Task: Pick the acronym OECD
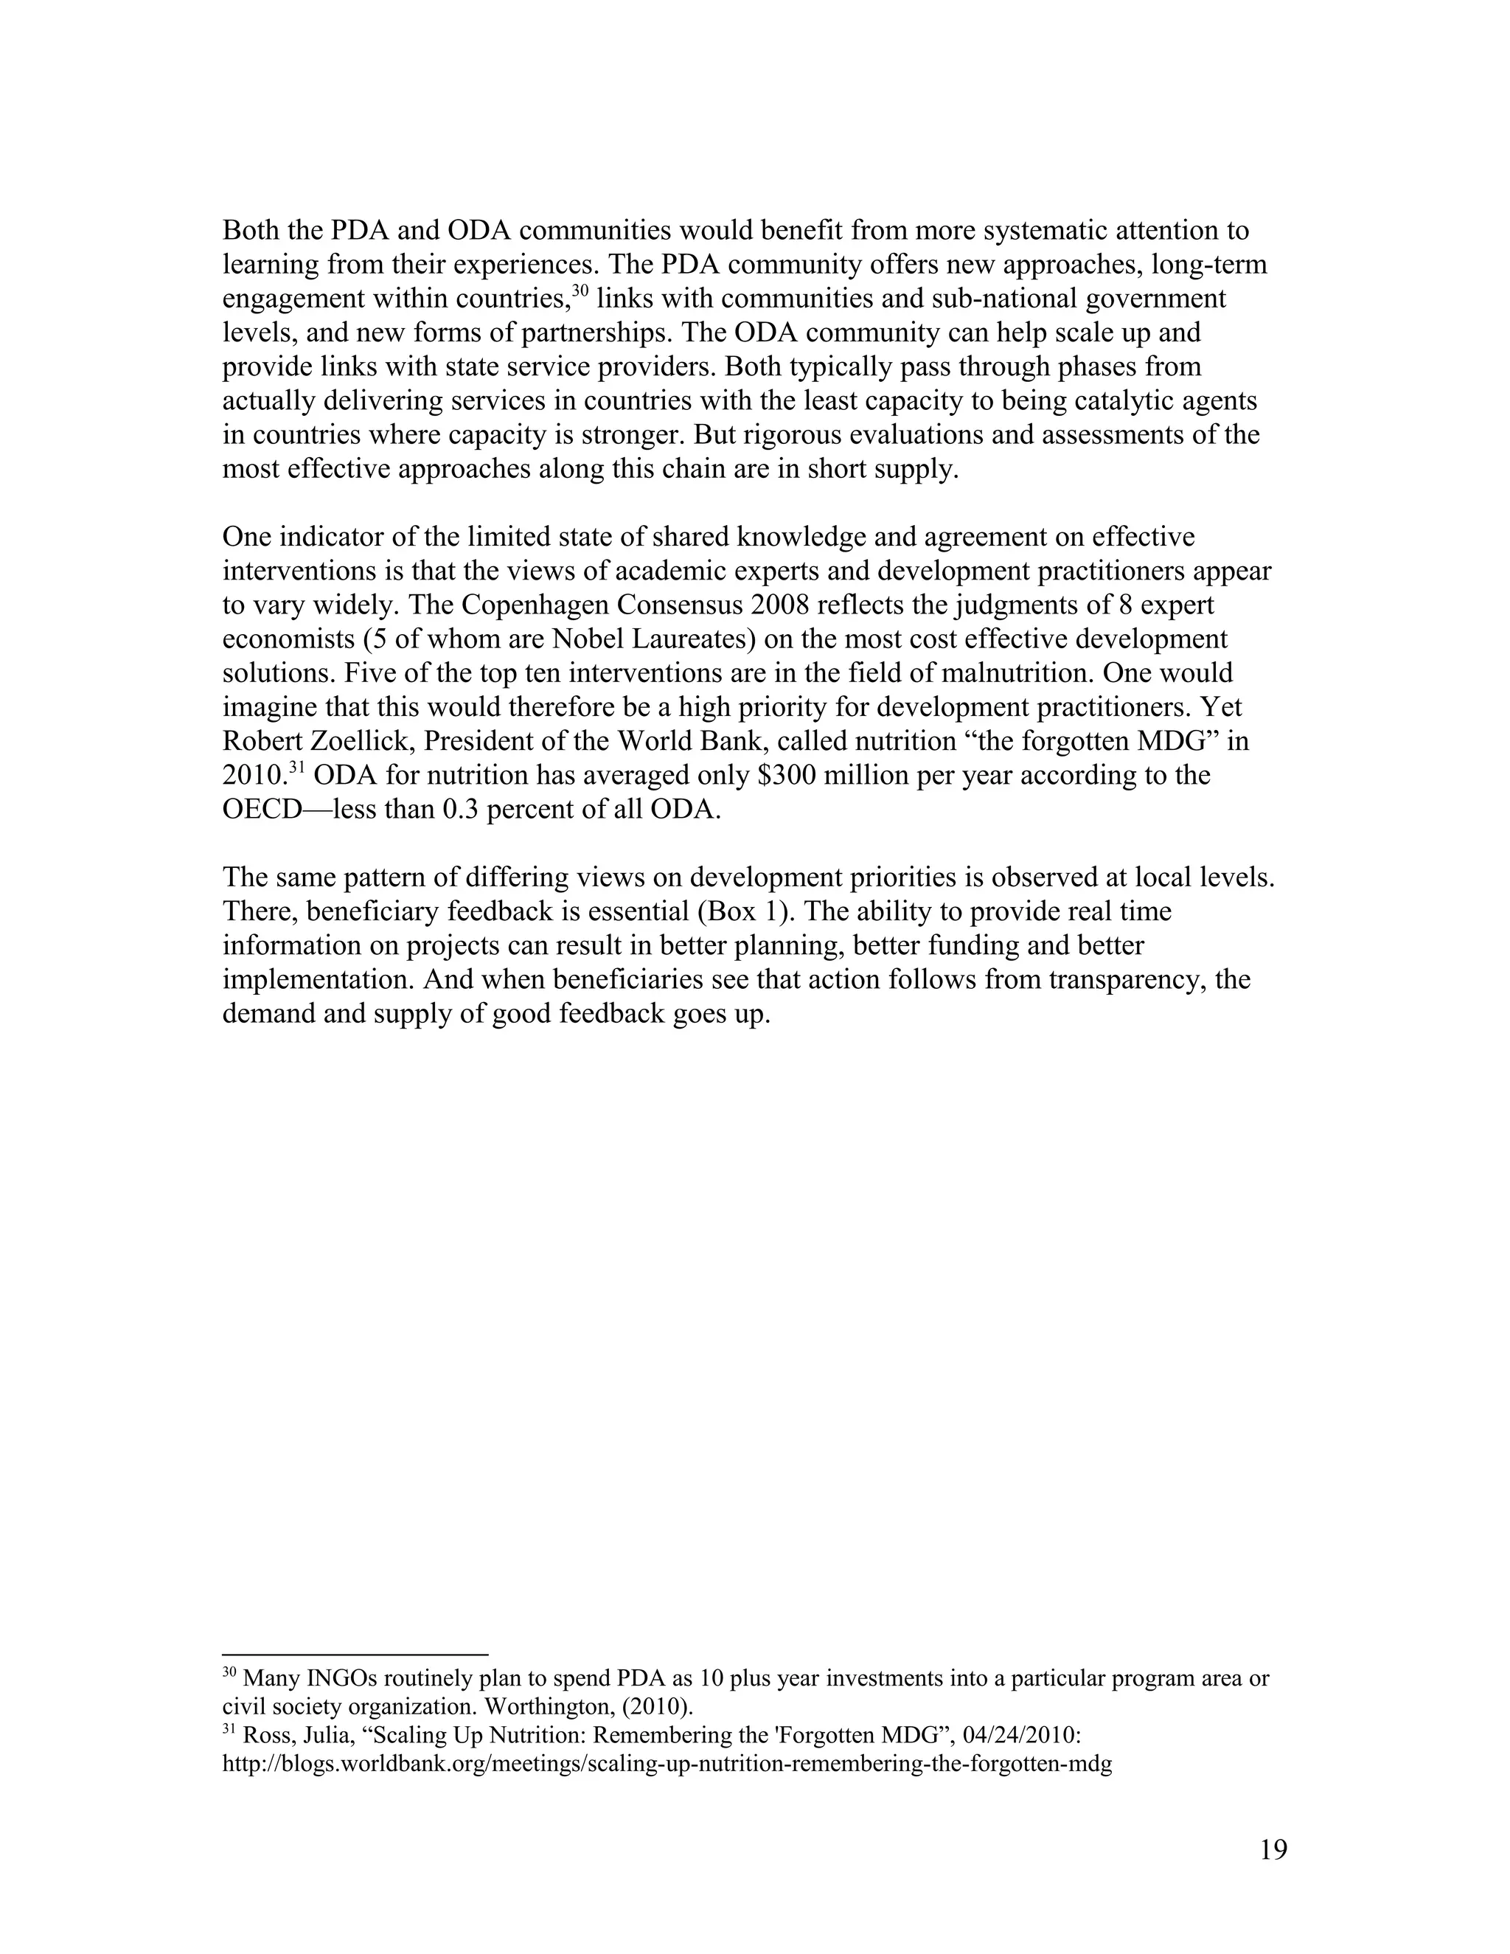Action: (x=265, y=810)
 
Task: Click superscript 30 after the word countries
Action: (x=580, y=292)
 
